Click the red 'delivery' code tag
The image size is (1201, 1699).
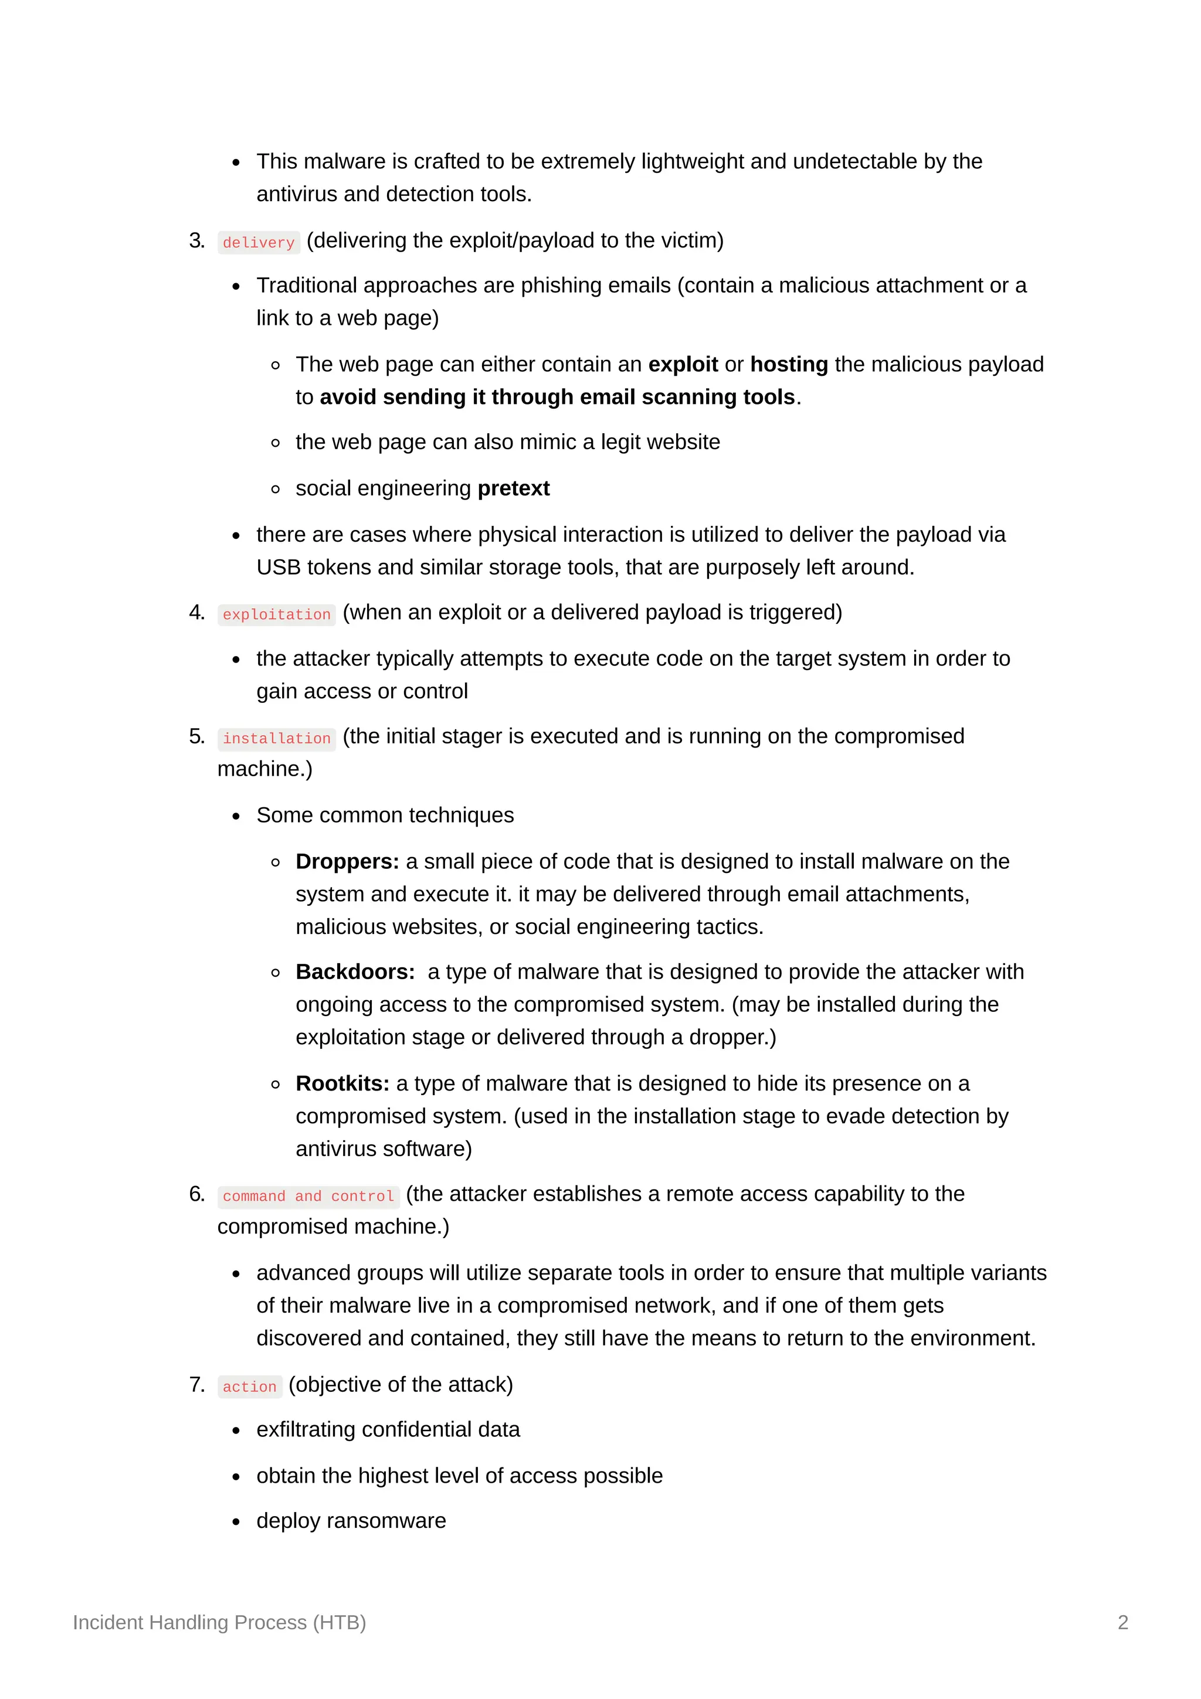click(258, 243)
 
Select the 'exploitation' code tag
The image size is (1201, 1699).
click(276, 615)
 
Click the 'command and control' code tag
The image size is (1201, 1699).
click(308, 1197)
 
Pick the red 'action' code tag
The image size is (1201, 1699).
click(249, 1387)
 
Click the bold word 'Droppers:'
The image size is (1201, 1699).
click(347, 861)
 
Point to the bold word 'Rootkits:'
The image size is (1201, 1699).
click(342, 1083)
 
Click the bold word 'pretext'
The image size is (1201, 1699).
click(514, 488)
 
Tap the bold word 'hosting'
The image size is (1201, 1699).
click(789, 364)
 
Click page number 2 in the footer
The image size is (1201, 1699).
click(1122, 1622)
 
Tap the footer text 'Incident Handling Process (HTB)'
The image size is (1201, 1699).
click(219, 1622)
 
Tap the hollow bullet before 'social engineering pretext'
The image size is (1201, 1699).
click(275, 489)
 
